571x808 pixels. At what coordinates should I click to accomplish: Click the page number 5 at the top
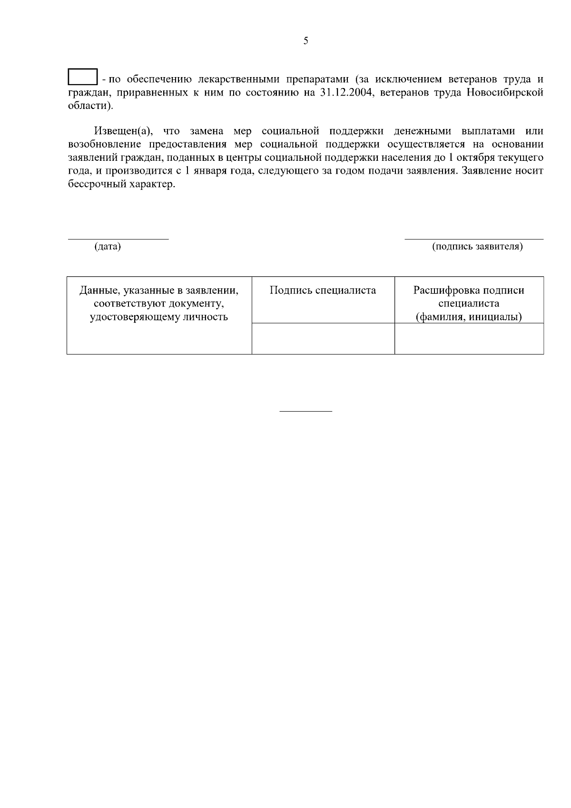click(305, 41)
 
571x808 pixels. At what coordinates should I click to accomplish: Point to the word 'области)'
click(91, 106)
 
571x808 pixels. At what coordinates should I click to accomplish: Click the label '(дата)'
click(108, 246)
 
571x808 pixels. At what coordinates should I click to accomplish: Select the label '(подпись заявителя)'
click(477, 246)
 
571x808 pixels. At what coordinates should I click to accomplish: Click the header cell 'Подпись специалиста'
click(323, 290)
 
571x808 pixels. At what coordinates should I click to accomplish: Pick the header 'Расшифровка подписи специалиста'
click(469, 297)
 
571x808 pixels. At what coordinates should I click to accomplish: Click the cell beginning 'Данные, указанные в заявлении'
click(159, 303)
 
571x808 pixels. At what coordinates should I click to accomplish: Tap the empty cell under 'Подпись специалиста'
click(323, 338)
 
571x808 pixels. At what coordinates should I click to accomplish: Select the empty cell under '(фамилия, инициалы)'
click(469, 338)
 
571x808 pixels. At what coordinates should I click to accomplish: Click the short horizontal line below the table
click(305, 411)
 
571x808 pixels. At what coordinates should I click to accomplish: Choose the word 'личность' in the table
click(207, 317)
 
